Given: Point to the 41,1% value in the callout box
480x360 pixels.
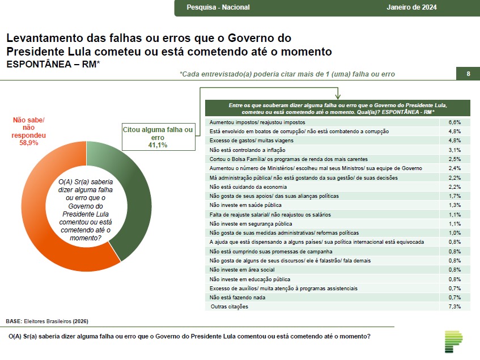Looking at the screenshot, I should pos(158,146).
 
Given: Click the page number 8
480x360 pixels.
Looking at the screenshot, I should pos(468,74).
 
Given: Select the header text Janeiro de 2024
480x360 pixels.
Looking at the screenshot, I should pos(411,7).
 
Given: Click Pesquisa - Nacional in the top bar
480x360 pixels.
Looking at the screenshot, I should pos(218,7).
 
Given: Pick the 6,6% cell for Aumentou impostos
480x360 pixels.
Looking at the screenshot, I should pos(454,122).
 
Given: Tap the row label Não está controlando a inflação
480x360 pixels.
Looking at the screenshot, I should pos(247,150).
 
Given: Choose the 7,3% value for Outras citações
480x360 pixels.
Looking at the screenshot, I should pos(454,307).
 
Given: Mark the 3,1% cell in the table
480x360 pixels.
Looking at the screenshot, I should pos(454,150).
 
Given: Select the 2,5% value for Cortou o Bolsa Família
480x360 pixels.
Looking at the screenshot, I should pos(454,159).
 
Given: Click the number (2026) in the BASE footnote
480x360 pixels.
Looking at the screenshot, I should pos(80,321).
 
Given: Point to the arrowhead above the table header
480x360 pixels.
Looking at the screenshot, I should pos(338,98).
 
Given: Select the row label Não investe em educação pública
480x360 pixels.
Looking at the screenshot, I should pos(250,279).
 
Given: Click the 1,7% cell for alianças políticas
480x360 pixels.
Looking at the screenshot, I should pos(454,196).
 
